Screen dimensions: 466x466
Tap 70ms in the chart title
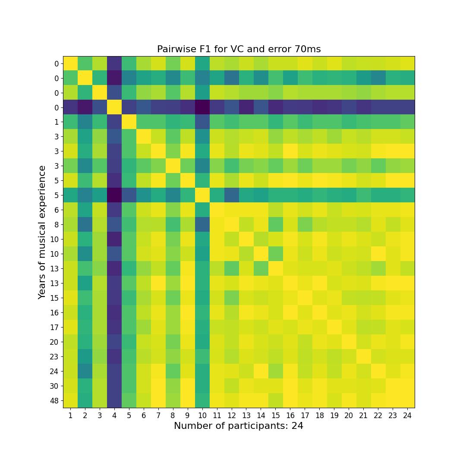(308, 49)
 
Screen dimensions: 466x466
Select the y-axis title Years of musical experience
(42, 232)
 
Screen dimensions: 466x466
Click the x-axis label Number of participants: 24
(239, 426)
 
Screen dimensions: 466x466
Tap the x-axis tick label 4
(114, 415)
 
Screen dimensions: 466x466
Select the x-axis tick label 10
(202, 415)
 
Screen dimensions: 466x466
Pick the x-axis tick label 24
(407, 415)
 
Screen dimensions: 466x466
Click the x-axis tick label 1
(70, 415)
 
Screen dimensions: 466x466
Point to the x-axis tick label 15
(275, 415)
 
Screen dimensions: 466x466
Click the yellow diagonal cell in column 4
(114, 107)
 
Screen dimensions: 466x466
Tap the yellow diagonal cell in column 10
(202, 195)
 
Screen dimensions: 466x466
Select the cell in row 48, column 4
(114, 400)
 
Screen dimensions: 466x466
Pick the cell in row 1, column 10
(202, 122)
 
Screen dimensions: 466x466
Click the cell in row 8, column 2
(85, 224)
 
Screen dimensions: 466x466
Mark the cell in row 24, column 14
(261, 371)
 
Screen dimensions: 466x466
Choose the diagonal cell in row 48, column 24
(407, 400)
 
